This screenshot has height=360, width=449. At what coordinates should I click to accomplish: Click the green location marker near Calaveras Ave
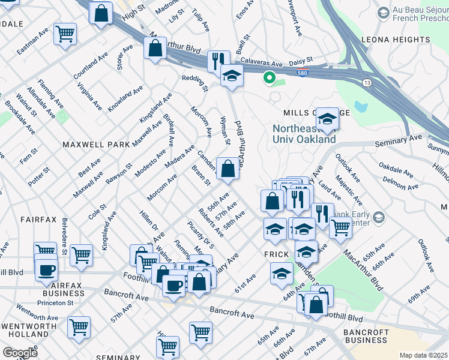pyautogui.click(x=270, y=77)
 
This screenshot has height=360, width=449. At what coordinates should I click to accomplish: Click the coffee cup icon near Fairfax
pyautogui.click(x=46, y=269)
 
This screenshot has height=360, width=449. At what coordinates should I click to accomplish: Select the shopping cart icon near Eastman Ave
pyautogui.click(x=65, y=34)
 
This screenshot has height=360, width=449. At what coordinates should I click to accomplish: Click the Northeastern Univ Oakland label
pyautogui.click(x=304, y=134)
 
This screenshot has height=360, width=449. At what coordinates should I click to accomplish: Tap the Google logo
pyautogui.click(x=20, y=352)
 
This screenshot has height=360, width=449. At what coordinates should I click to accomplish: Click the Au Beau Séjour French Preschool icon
pyautogui.click(x=383, y=12)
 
